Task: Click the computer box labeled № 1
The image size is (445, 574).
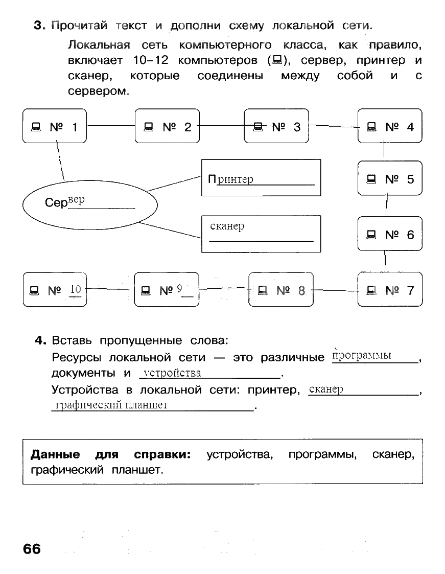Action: pos(55,126)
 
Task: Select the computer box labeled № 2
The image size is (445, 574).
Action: pos(167,126)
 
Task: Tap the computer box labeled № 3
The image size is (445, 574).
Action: pos(276,126)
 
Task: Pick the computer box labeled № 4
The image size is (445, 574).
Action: pos(390,126)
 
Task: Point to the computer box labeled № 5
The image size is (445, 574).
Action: pos(390,178)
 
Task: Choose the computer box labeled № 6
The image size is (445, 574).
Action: pos(390,234)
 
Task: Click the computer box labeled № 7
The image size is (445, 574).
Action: pos(390,290)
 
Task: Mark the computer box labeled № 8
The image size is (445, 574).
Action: pos(280,290)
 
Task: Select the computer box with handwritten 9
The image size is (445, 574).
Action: pos(167,290)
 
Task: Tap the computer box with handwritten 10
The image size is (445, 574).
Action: pos(55,290)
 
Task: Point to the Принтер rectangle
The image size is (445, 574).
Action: pos(261,178)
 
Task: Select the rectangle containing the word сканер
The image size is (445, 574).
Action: pos(261,234)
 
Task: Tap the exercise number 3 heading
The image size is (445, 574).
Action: pos(37,26)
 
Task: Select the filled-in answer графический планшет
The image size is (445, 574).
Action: pos(111,405)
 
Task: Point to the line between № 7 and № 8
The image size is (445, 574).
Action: pos(335,290)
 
